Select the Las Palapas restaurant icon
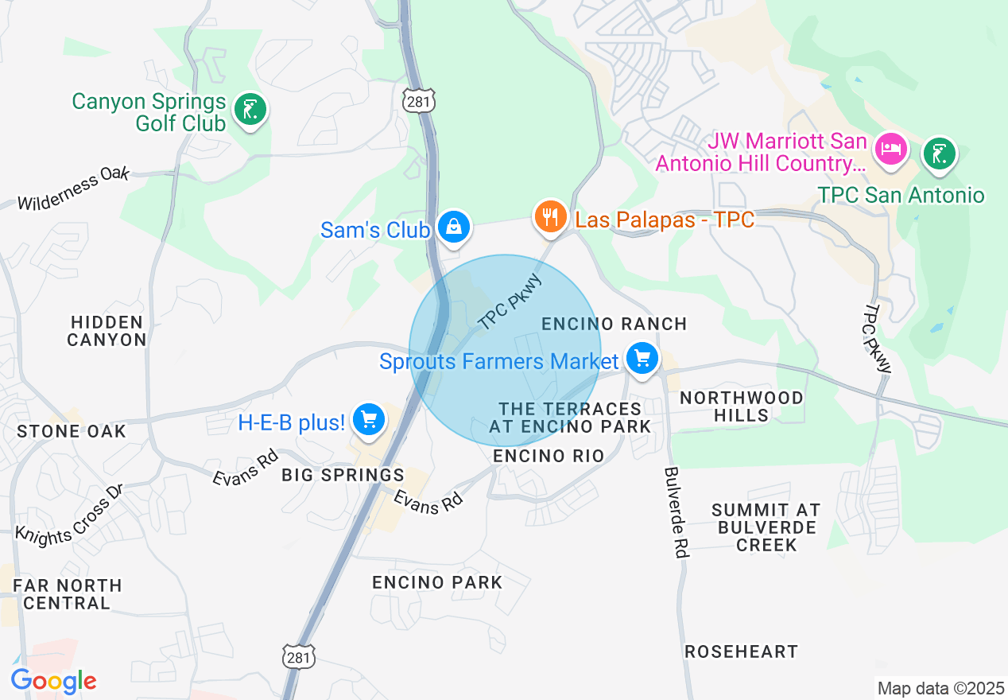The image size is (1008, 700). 549,216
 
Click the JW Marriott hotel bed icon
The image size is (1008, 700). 890,150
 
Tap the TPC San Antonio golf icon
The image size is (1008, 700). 939,153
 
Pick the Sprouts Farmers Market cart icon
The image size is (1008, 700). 642,359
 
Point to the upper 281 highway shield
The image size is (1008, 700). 418,101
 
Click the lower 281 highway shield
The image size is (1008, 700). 299,657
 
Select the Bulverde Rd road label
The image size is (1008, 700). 674,512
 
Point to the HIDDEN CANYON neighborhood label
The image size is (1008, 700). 107,331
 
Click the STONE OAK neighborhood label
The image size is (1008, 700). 72,431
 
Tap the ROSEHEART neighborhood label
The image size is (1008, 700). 741,651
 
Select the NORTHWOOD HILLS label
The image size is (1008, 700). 741,406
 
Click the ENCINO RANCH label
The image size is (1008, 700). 614,324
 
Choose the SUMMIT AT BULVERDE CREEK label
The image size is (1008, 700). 765,527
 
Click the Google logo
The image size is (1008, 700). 54,681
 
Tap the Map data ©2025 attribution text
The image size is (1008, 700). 939,688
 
